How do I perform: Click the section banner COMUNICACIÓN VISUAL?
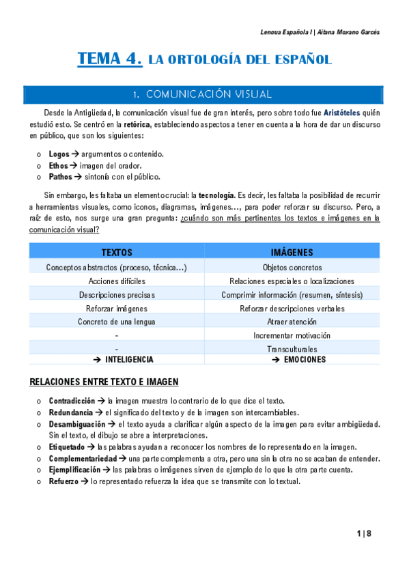(203, 94)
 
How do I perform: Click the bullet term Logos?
(59, 154)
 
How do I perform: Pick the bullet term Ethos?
(59, 165)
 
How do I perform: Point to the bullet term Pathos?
(61, 176)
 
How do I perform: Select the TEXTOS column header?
(117, 253)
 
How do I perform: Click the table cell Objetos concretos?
(292, 268)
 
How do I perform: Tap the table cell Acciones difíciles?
(117, 281)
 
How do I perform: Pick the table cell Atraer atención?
(292, 322)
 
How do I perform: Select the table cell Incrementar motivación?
(292, 335)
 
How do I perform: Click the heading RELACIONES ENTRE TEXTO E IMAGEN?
(104, 382)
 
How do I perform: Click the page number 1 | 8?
(363, 533)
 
